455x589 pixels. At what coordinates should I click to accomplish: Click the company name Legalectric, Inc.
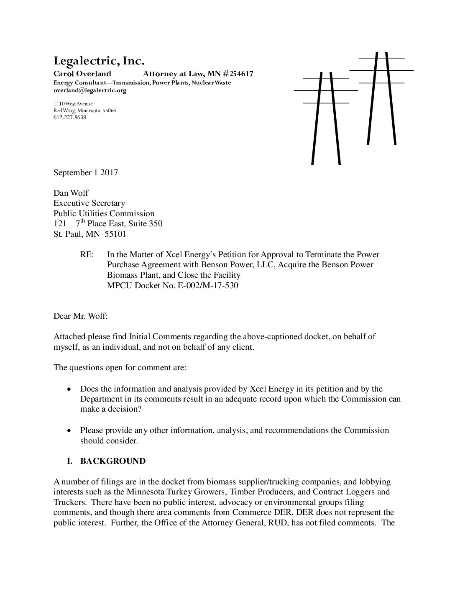tap(99, 61)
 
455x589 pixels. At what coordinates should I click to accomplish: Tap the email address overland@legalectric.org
tap(90, 90)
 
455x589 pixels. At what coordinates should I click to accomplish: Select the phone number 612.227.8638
tap(70, 118)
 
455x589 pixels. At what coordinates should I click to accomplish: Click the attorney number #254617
tap(236, 74)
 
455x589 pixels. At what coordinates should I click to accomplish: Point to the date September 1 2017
tap(86, 172)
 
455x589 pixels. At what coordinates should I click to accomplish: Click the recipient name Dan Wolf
tap(71, 193)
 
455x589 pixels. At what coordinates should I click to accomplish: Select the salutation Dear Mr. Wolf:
tap(81, 316)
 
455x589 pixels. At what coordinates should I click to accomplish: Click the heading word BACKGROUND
tap(113, 461)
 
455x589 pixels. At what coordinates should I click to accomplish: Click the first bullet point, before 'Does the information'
tap(70, 389)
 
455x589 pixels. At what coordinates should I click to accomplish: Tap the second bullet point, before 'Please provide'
tap(70, 430)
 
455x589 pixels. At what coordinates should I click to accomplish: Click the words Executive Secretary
tap(89, 203)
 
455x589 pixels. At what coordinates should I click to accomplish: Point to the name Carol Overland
tap(82, 74)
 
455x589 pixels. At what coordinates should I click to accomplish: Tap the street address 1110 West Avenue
tap(73, 104)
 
